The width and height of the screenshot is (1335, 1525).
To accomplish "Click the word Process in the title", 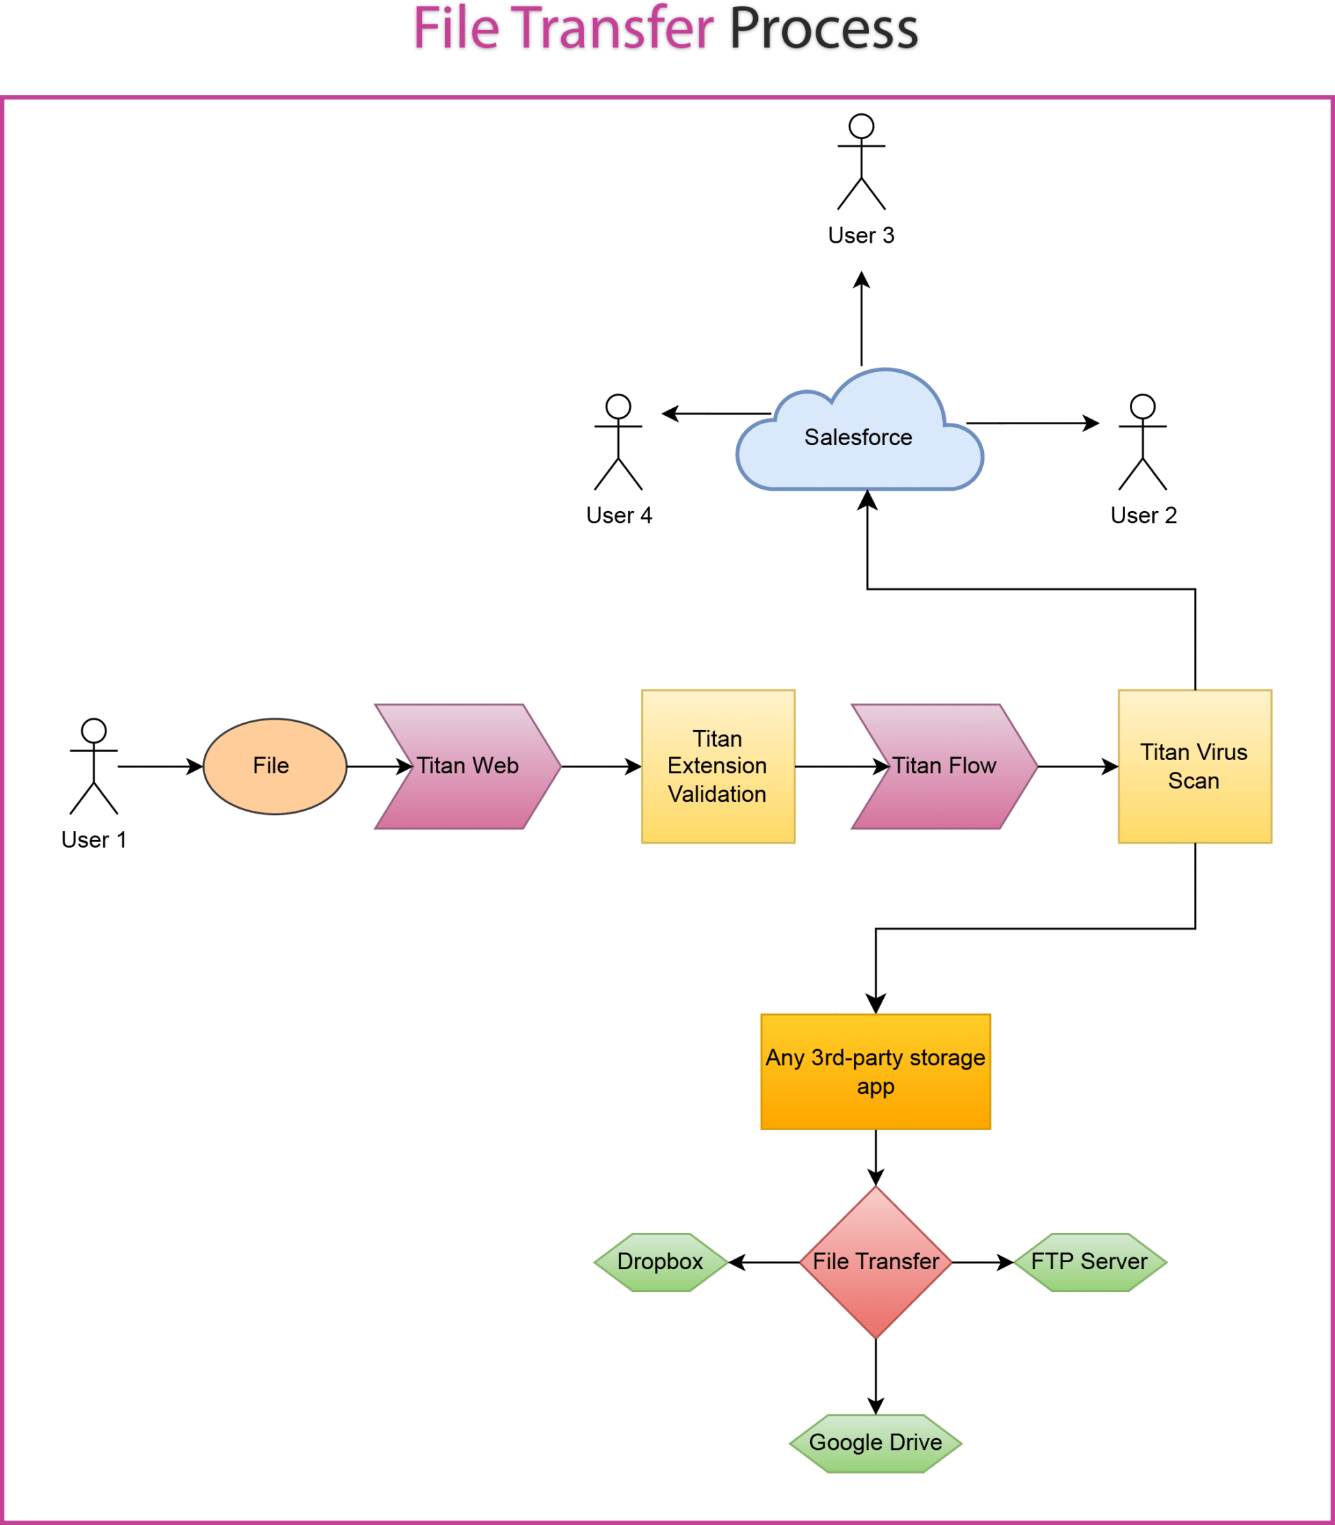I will click(x=823, y=30).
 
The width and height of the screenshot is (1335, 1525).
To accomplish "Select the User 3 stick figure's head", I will click(x=861, y=126).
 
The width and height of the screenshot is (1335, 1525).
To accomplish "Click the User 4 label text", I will click(x=619, y=515).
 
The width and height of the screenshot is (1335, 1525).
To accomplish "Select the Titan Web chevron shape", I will click(x=467, y=766).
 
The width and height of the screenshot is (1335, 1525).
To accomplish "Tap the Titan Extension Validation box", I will click(x=718, y=766).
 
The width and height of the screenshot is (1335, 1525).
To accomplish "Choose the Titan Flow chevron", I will click(x=944, y=766).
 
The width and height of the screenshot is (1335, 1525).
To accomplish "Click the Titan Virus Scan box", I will click(x=1195, y=766).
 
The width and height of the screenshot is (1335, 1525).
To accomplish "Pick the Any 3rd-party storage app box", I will click(x=875, y=1072).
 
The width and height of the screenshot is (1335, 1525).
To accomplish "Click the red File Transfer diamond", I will click(x=875, y=1261).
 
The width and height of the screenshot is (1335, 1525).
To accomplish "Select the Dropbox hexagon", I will click(x=660, y=1261).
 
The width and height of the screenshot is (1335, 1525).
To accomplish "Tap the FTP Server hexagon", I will click(x=1089, y=1261).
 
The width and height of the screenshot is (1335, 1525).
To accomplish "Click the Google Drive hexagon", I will click(x=875, y=1442).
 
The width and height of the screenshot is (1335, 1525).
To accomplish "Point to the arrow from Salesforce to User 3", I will click(x=861, y=321).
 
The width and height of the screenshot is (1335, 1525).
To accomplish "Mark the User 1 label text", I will click(x=94, y=839).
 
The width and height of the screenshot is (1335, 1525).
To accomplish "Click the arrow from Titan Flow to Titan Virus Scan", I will click(x=1076, y=766).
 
